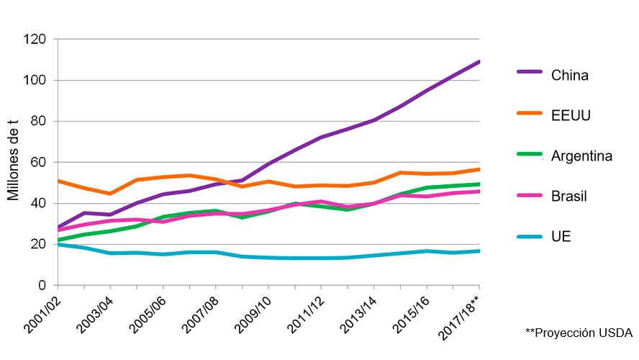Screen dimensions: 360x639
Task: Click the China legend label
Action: pos(570,75)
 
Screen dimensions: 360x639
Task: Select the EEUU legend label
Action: pos(571,115)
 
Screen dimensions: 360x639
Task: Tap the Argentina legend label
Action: pos(581,156)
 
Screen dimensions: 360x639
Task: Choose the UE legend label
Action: pos(561,237)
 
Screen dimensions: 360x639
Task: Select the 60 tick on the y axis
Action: pos(39,162)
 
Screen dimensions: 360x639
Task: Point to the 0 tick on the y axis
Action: pos(42,286)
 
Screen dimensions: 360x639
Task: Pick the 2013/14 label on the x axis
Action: pos(357,315)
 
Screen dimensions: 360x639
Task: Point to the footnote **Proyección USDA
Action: pos(578,333)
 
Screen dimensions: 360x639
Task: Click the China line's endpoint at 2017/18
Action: pos(479,62)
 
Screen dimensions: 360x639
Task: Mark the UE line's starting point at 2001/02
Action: pos(58,245)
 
